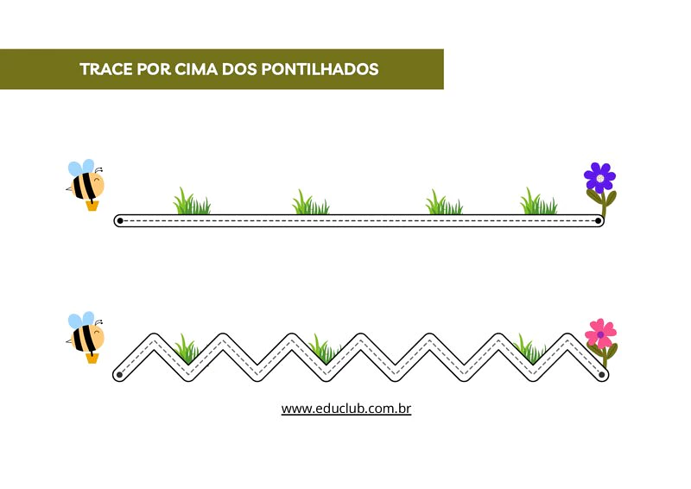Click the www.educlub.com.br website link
click(x=345, y=408)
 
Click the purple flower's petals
click(x=599, y=177)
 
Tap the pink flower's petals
click(x=599, y=333)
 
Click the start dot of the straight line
click(x=119, y=221)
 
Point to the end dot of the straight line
click(x=598, y=221)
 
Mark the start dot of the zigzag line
click(x=119, y=375)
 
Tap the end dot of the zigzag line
click(x=602, y=375)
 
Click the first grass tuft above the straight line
click(x=191, y=204)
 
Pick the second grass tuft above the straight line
click(x=309, y=205)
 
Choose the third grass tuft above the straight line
click(x=443, y=205)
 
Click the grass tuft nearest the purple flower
click(x=538, y=204)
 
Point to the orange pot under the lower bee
click(x=92, y=357)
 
